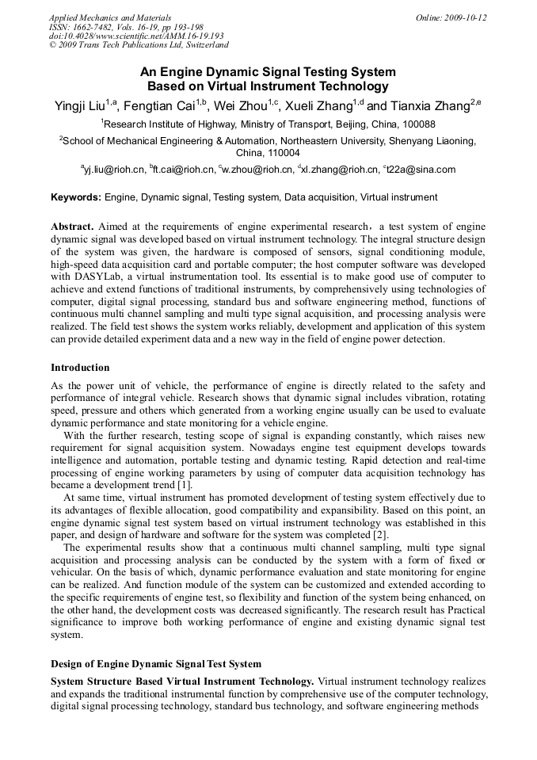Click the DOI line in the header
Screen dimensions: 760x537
tap(136, 36)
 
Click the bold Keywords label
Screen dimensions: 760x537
tap(75, 197)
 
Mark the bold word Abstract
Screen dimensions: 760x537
tap(74, 226)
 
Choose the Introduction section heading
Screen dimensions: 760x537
tap(80, 368)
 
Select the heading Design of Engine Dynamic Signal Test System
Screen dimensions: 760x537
tap(156, 663)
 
